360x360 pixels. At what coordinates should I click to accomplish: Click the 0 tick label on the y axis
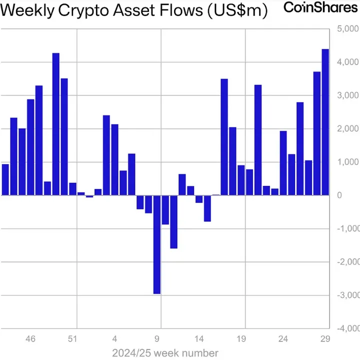click(x=339, y=195)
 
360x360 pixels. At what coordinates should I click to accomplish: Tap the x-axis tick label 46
click(x=30, y=339)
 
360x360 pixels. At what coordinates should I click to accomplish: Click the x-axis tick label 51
click(x=72, y=339)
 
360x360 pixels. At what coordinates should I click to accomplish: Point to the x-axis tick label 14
click(x=199, y=339)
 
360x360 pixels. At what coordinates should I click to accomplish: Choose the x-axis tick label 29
click(x=325, y=339)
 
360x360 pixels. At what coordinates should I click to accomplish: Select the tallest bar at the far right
click(x=325, y=122)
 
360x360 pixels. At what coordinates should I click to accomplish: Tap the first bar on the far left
click(x=5, y=179)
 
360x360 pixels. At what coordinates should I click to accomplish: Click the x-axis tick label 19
click(x=241, y=339)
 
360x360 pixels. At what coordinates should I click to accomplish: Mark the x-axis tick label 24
click(x=283, y=339)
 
